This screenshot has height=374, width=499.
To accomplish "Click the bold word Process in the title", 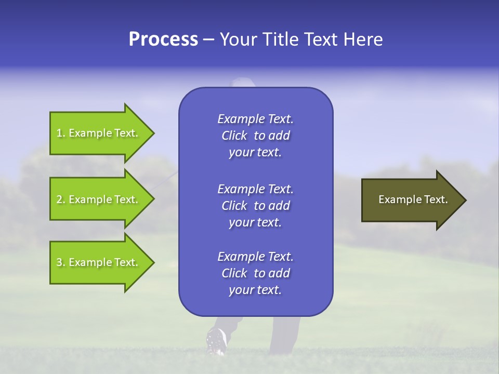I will (163, 39).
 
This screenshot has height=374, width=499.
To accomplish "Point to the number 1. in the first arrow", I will (61, 133).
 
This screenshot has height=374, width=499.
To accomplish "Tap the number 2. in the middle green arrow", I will (61, 199).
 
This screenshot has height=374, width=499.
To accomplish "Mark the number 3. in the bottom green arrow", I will (61, 262).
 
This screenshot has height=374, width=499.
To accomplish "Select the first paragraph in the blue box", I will (256, 136).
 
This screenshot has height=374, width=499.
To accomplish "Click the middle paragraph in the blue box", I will (256, 206).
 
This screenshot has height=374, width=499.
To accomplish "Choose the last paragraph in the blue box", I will (256, 273).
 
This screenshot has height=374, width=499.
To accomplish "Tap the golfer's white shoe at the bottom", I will (216, 340).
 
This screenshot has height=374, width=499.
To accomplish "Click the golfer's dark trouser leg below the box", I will (283, 335).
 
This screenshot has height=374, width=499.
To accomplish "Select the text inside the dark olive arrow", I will (413, 199).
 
